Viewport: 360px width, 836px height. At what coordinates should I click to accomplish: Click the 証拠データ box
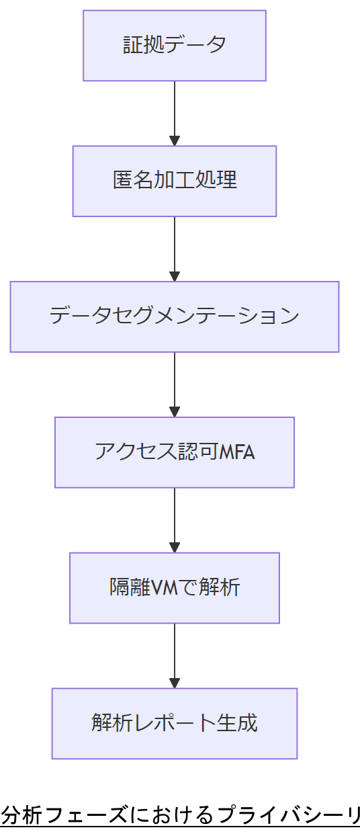click(x=175, y=46)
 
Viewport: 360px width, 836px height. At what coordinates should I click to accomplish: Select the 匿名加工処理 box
click(x=175, y=181)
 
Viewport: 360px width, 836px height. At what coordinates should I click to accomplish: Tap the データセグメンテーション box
click(x=175, y=317)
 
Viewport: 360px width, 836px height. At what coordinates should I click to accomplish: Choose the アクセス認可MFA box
click(x=175, y=452)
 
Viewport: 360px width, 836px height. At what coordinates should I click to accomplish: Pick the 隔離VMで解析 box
click(x=175, y=588)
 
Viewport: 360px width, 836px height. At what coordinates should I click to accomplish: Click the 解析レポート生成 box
click(x=175, y=724)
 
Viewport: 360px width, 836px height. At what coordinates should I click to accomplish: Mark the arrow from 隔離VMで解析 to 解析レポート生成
click(x=175, y=655)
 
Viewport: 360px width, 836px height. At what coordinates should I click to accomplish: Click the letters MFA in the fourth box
click(x=236, y=452)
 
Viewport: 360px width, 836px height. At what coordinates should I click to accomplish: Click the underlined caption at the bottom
click(x=180, y=815)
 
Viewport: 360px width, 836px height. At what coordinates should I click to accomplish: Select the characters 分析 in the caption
click(x=22, y=815)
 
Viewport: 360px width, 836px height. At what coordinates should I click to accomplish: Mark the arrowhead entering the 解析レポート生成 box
click(x=175, y=683)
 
